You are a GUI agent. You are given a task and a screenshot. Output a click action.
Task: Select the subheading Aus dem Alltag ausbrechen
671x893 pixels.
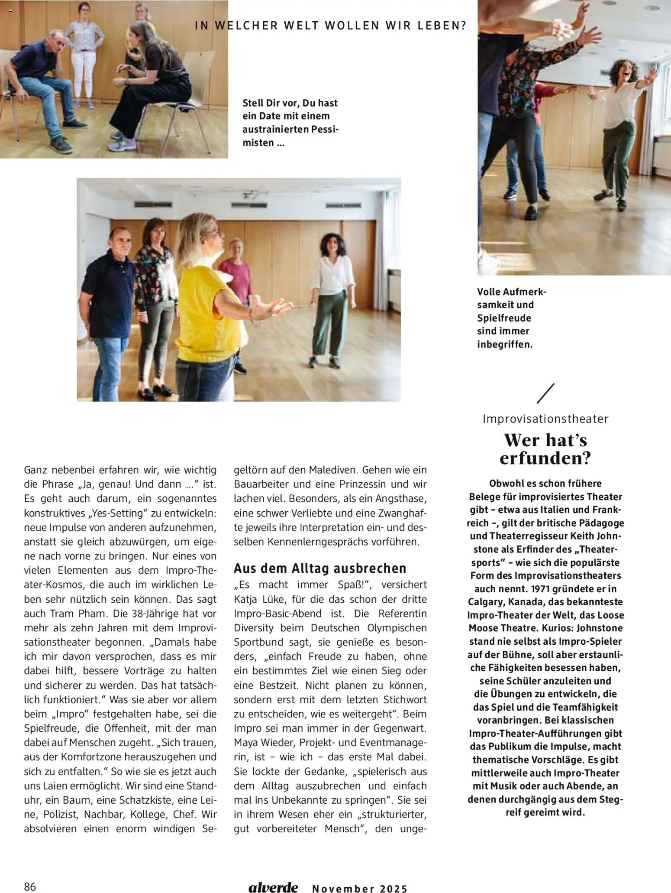coord(320,568)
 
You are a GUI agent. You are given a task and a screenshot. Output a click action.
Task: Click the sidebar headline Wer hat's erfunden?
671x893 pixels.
coord(545,449)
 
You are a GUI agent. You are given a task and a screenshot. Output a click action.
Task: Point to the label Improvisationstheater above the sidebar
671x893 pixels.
coord(545,419)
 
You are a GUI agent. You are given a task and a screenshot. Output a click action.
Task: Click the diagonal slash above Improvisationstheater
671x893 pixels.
coord(545,393)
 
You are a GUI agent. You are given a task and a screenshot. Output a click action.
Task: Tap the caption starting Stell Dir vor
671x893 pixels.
coord(290,123)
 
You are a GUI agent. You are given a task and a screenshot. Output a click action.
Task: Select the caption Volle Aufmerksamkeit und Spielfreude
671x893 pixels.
coord(511,318)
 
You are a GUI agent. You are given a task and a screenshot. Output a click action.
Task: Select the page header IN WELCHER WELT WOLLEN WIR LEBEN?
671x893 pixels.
coord(331,26)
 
